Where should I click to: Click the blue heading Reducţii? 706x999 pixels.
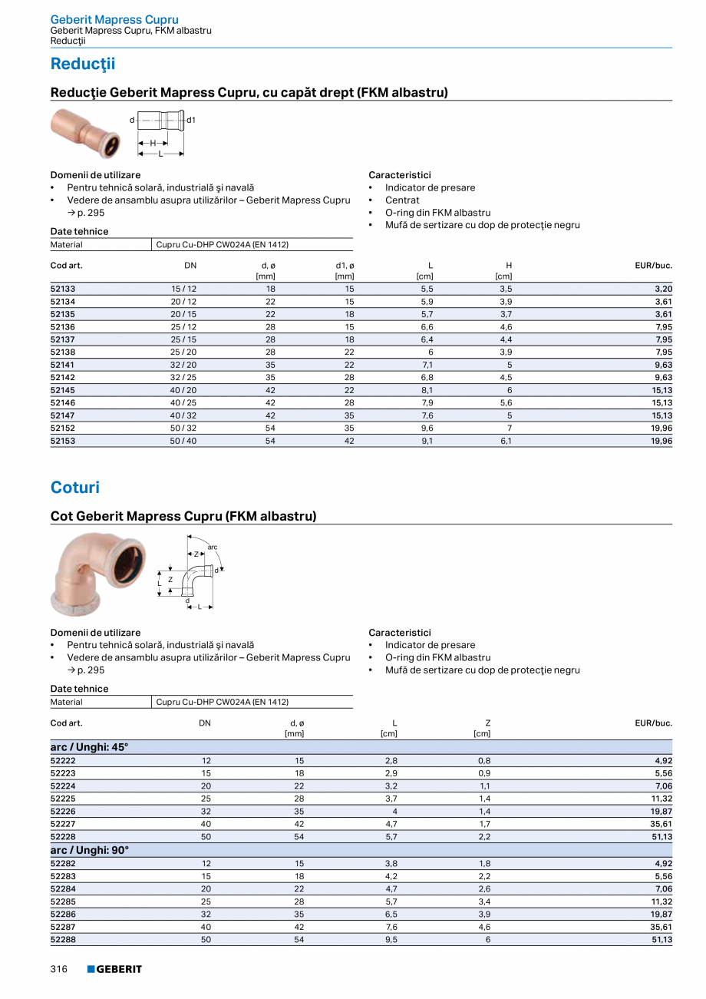(x=82, y=64)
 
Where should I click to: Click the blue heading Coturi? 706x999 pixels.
(x=75, y=488)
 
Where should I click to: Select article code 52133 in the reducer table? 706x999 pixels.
(x=63, y=289)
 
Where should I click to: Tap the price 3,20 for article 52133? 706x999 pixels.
(x=663, y=289)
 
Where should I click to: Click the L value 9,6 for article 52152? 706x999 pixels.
(x=427, y=428)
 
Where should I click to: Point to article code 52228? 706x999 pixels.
(x=63, y=837)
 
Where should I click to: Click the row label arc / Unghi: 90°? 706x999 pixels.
(x=90, y=850)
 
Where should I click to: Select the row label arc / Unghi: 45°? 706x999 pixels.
(x=90, y=747)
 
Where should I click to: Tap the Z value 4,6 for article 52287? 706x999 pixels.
(x=484, y=927)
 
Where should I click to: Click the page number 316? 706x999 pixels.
(x=59, y=969)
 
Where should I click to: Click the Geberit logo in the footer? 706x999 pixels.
(x=114, y=969)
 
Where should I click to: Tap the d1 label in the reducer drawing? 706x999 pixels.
(x=191, y=121)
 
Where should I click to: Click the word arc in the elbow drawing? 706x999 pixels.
(x=213, y=547)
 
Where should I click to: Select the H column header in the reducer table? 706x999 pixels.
(x=509, y=266)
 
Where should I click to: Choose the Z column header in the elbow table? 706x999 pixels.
(x=487, y=723)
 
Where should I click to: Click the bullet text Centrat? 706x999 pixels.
(x=403, y=200)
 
